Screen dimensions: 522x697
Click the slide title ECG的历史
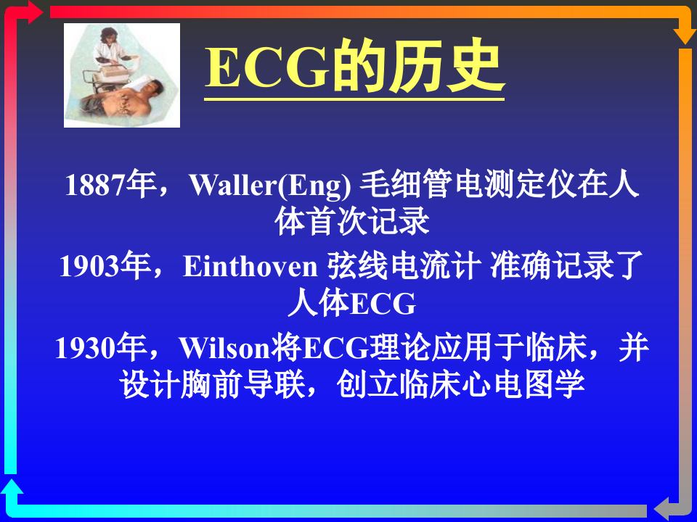click(x=354, y=70)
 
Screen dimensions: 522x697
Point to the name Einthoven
click(x=250, y=267)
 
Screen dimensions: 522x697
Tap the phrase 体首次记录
click(x=353, y=222)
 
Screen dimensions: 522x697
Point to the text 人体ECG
click(x=351, y=304)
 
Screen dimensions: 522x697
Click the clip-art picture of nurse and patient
click(x=122, y=75)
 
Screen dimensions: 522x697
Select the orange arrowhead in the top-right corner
click(x=685, y=36)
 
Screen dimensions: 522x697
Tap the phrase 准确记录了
click(x=567, y=267)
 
